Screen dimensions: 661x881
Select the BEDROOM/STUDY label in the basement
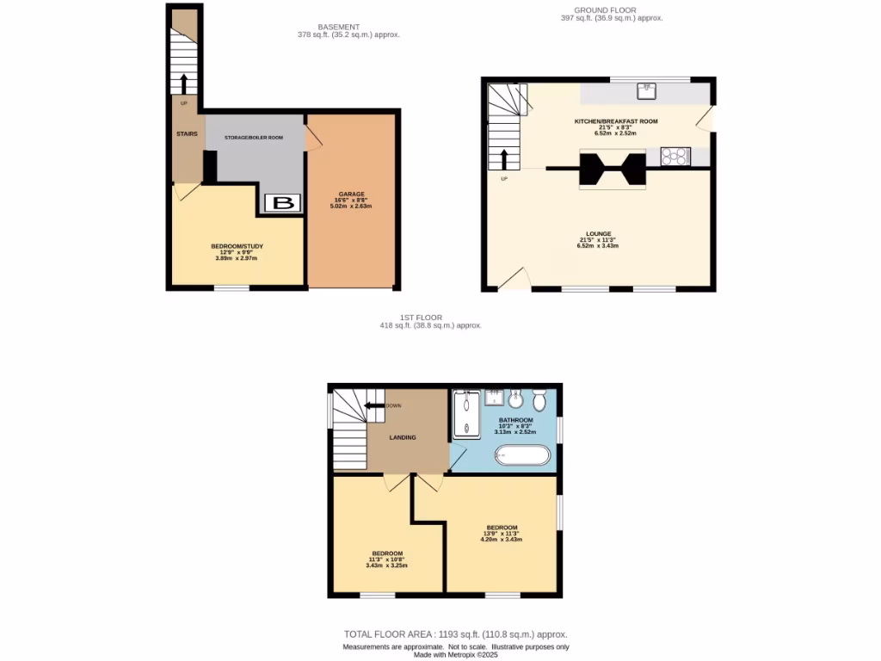237,246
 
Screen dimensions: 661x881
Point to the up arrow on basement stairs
183,83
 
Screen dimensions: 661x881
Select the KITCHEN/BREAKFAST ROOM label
616,121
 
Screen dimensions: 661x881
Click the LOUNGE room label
599,233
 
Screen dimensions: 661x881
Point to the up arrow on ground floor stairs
504,159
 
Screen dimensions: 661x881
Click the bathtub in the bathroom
521,454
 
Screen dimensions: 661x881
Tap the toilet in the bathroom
540,401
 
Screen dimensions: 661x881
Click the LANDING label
403,437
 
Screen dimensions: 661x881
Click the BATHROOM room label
516,420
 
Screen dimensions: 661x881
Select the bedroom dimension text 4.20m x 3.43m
502,539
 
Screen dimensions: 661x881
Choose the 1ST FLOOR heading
430,318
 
